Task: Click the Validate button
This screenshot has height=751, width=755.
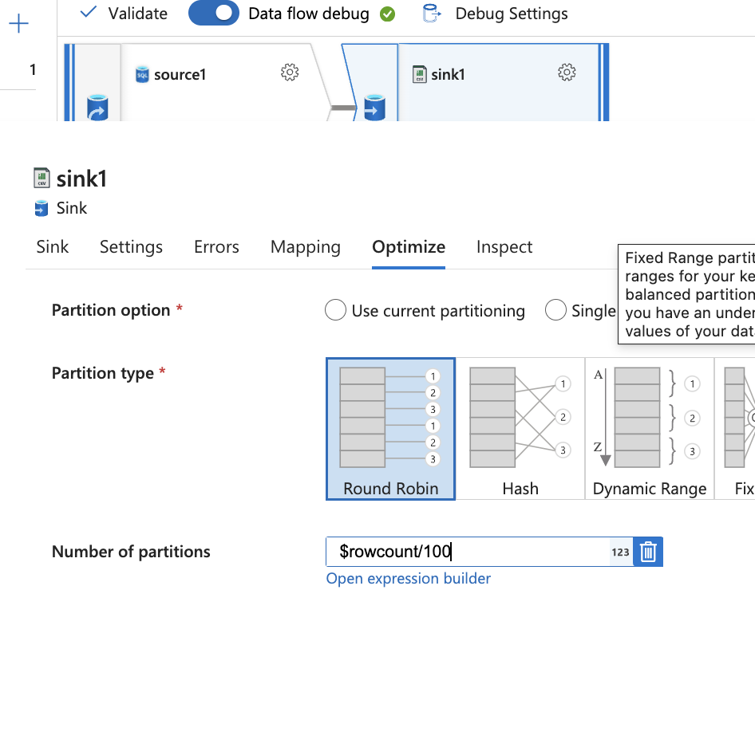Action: click(x=124, y=14)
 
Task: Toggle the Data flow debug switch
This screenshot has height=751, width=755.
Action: click(x=214, y=14)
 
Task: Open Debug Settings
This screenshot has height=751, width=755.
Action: click(x=495, y=14)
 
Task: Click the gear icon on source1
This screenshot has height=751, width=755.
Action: click(x=290, y=73)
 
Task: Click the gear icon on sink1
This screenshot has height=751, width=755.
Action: click(x=567, y=73)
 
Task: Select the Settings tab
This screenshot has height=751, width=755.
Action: click(x=131, y=247)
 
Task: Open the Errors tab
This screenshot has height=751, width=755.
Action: click(x=216, y=247)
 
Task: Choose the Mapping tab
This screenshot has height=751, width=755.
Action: click(x=306, y=247)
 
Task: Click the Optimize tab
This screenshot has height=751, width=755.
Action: click(x=409, y=247)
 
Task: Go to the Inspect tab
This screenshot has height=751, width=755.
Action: click(x=504, y=247)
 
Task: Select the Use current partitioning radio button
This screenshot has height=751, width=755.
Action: click(x=335, y=310)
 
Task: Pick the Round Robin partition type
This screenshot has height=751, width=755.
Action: click(x=390, y=429)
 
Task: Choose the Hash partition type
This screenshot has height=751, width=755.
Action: click(x=520, y=429)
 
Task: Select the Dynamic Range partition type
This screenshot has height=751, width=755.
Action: click(x=650, y=429)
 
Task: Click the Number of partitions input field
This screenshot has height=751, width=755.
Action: click(x=471, y=552)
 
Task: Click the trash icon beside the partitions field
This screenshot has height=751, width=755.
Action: click(x=648, y=552)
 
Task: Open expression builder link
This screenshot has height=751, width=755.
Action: click(x=409, y=579)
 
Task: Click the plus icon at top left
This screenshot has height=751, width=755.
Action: click(x=18, y=24)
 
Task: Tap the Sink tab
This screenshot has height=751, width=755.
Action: click(x=53, y=247)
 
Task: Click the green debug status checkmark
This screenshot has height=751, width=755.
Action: click(x=388, y=14)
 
